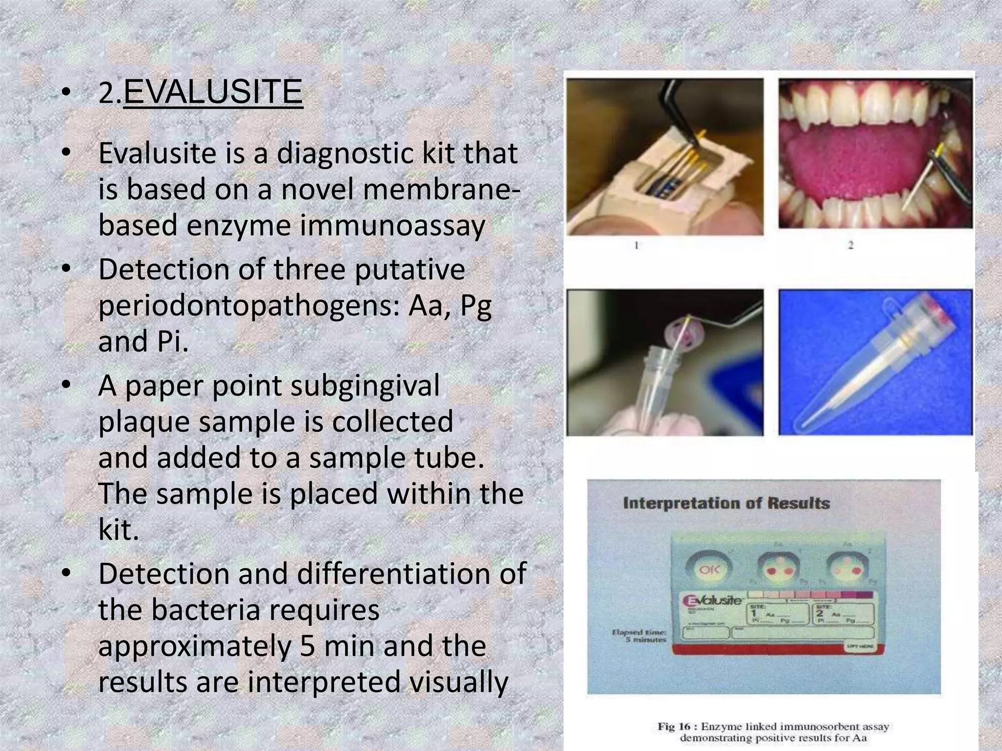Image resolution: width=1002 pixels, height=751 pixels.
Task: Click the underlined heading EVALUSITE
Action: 213,92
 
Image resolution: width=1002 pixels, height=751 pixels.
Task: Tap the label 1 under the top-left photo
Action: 637,245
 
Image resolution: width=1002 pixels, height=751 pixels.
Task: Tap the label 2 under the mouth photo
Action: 850,245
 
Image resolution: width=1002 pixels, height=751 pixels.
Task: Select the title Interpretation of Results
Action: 726,503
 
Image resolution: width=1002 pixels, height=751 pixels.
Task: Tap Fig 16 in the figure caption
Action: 674,727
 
